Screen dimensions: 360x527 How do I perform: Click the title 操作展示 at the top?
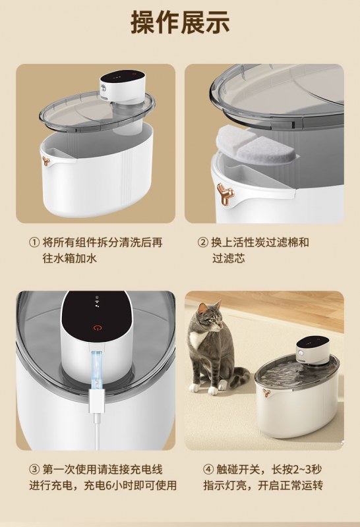coord(180,22)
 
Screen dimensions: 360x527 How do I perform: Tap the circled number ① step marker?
coord(34,242)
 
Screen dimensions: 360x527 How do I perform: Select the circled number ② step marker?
coord(203,242)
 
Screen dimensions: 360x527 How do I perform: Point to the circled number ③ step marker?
coord(34,469)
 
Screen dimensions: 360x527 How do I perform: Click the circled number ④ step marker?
coord(208,469)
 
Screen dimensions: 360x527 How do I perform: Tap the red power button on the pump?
coord(98,328)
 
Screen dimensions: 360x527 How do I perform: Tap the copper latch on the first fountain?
coord(46,161)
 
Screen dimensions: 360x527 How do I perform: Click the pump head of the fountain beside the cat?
coord(313,351)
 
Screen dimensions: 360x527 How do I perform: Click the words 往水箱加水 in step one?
coord(70,258)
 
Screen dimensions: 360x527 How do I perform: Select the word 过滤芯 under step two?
coord(228,258)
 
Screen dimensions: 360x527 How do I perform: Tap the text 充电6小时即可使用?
coord(130,485)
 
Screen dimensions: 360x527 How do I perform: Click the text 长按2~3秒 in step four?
coord(297,469)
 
